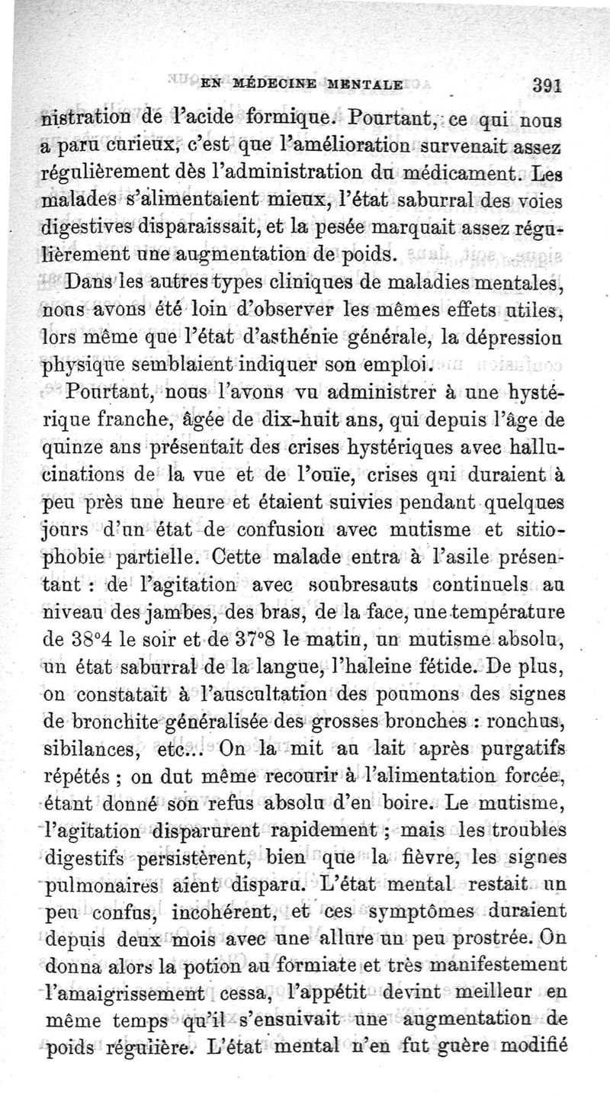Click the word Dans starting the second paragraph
[x=94, y=280]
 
